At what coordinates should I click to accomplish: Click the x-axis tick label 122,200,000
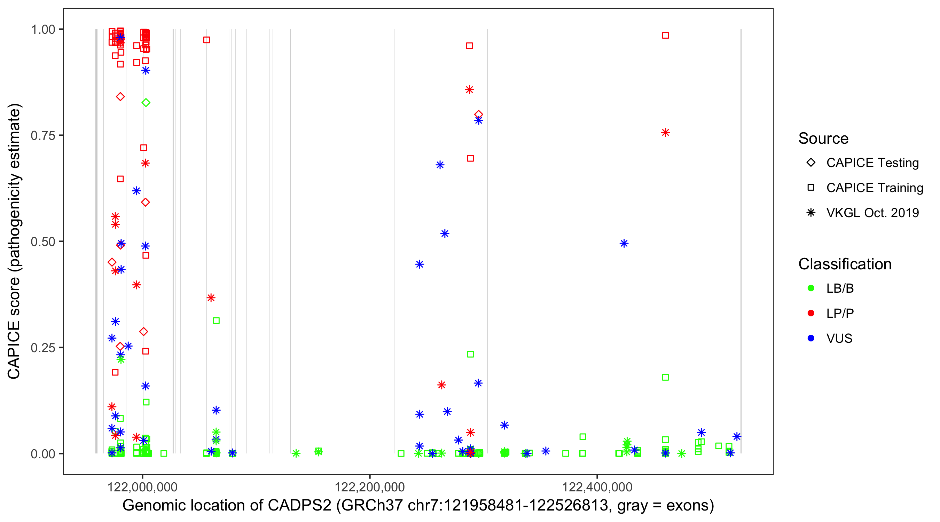pos(370,487)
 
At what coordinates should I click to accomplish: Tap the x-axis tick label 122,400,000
pos(597,487)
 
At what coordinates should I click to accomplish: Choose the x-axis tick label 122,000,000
pos(142,487)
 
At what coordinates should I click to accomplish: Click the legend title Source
pos(823,139)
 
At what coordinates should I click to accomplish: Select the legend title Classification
pos(845,264)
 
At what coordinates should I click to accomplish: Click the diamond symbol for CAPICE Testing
pos(811,163)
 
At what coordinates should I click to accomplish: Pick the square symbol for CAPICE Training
pos(811,188)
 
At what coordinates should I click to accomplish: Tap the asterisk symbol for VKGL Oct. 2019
pos(811,213)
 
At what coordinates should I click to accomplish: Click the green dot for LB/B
pos(811,288)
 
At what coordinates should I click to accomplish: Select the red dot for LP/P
pos(811,313)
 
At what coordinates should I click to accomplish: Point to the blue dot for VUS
pos(811,338)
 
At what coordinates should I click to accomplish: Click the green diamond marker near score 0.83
pos(146,103)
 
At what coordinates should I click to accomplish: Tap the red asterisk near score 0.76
pos(665,133)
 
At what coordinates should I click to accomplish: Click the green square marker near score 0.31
pos(216,321)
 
